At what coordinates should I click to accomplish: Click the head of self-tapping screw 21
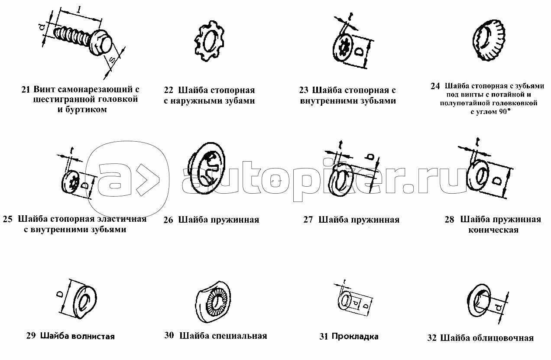click(101, 44)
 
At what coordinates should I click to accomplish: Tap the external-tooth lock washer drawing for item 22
click(210, 41)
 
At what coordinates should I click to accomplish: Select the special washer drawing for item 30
click(213, 302)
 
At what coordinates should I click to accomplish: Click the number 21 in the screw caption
click(26, 90)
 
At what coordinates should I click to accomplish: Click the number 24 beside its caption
click(435, 86)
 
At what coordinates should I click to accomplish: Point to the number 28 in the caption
click(449, 219)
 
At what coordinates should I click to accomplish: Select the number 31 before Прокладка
click(324, 336)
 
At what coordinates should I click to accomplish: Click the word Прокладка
click(355, 336)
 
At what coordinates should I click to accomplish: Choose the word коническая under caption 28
click(493, 230)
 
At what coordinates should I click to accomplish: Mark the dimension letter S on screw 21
click(112, 60)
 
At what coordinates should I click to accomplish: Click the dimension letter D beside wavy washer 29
click(60, 294)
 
